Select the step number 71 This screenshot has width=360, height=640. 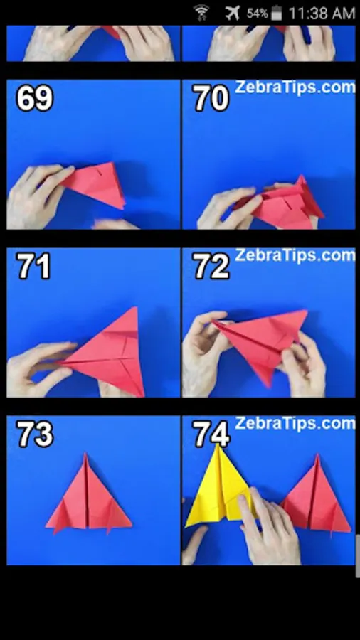[x=33, y=267]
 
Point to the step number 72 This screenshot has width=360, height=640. [x=211, y=267]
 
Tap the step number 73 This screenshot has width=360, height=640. [x=34, y=434]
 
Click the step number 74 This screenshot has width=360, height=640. [x=211, y=434]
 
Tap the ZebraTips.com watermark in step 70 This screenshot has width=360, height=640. [x=295, y=87]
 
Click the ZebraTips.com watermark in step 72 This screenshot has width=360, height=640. [x=295, y=255]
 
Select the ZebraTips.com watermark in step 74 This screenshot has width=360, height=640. [x=295, y=423]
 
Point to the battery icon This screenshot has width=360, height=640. [x=276, y=13]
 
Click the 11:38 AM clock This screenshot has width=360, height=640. [x=322, y=13]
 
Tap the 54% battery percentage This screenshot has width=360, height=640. [x=257, y=14]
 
